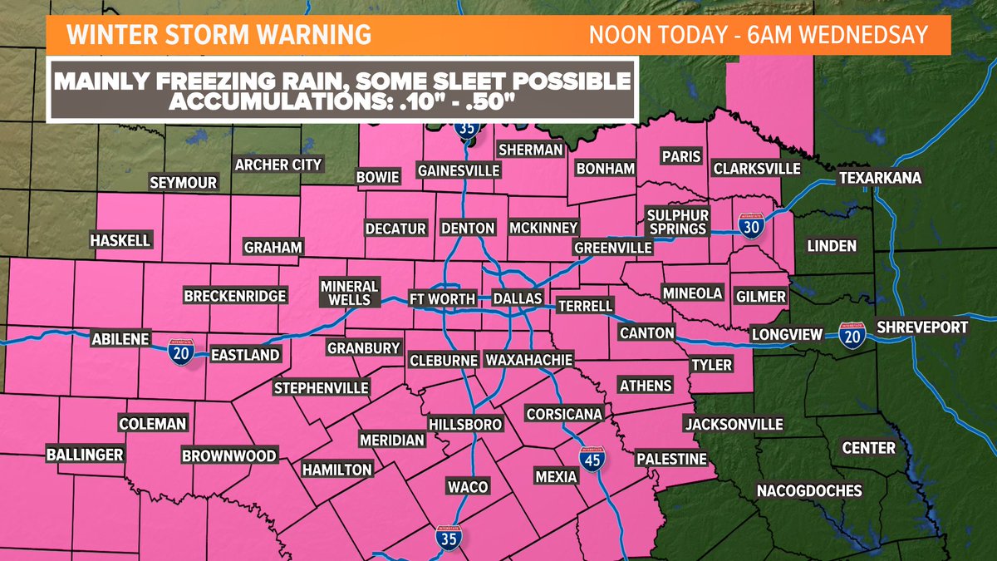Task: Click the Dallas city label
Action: [x=517, y=298]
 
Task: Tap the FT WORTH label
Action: [x=442, y=298]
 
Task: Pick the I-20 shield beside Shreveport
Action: [x=852, y=334]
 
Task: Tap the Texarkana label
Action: [x=876, y=179]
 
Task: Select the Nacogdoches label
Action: [x=809, y=490]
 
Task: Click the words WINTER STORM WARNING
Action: [x=219, y=35]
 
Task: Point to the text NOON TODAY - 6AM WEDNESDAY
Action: [x=757, y=36]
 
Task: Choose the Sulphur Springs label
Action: [x=676, y=222]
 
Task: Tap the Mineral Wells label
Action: [x=349, y=292]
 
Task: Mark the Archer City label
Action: [x=277, y=165]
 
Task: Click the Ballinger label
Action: [x=85, y=455]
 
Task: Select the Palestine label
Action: [x=670, y=459]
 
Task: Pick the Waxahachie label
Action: [x=529, y=360]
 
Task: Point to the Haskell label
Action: [x=121, y=240]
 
